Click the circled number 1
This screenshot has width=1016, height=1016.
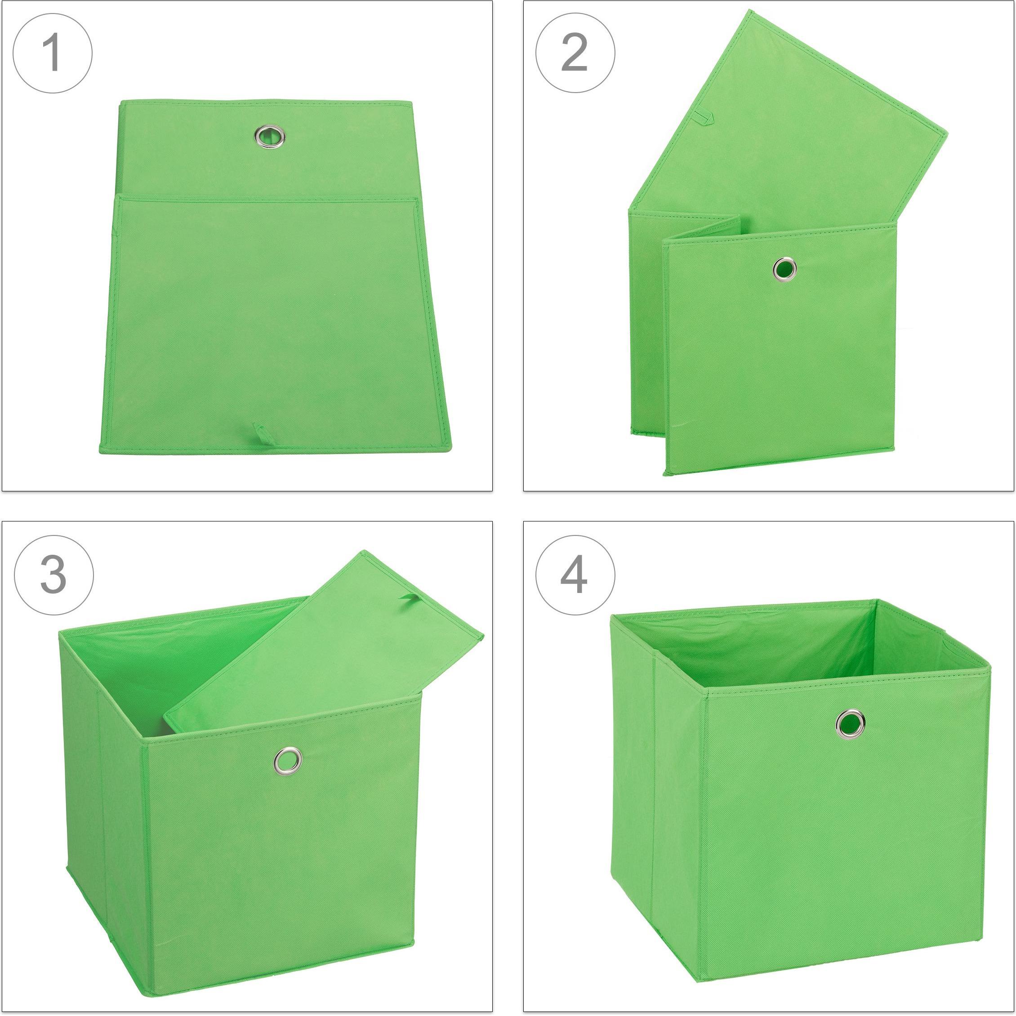click(53, 53)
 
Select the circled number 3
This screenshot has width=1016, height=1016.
click(53, 575)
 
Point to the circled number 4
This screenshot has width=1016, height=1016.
click(575, 575)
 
